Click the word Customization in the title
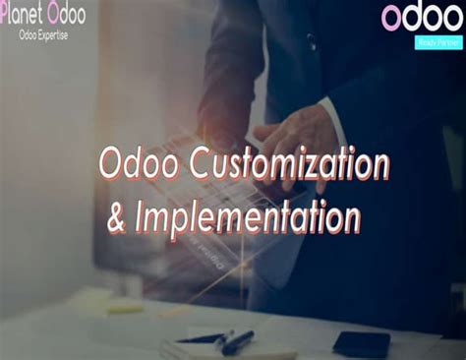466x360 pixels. coord(279,165)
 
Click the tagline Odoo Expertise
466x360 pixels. coord(44,36)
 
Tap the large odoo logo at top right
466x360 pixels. coord(421,18)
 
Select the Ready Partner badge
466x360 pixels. coord(424,42)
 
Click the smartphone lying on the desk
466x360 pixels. coord(361,342)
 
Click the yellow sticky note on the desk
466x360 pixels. coord(124,308)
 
